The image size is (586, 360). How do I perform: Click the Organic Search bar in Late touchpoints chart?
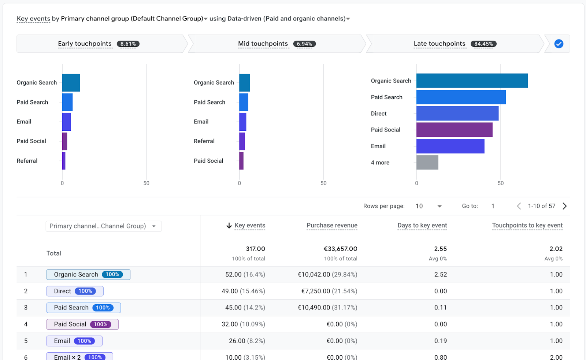coord(472,81)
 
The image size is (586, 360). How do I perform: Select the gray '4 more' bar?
coord(427,162)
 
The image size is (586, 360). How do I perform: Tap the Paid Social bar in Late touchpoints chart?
coord(454,130)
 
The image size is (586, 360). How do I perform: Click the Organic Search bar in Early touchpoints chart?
coord(71,83)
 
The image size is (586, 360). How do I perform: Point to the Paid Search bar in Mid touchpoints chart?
coord(244,102)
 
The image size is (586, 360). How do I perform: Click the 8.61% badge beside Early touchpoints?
coord(128,44)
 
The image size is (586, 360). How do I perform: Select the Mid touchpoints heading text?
coord(263,44)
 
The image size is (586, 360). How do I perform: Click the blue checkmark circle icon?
coord(559,44)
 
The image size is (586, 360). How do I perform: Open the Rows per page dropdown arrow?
coord(439,206)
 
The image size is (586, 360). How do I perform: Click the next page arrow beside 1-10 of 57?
coord(564,206)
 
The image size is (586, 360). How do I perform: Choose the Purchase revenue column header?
coord(332,226)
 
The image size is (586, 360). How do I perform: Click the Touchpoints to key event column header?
coord(527,226)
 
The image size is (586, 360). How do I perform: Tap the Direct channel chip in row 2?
coord(75,291)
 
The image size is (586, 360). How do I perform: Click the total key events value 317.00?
coord(255,249)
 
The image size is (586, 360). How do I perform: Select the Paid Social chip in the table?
coord(82,324)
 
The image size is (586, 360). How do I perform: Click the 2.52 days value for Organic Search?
coord(440,275)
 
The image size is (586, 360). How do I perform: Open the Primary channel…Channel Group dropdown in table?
coord(103,226)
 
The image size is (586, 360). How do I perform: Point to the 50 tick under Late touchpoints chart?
coord(500,183)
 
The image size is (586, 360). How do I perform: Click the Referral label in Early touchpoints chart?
coord(27,161)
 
